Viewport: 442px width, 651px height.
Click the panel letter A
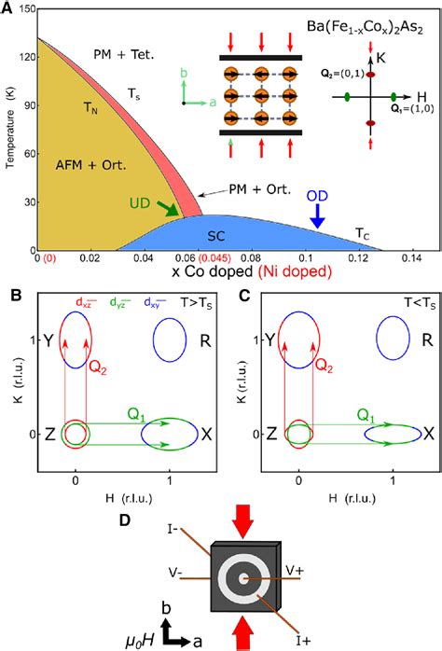(x=8, y=8)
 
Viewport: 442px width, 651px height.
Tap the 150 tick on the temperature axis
(x=24, y=8)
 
